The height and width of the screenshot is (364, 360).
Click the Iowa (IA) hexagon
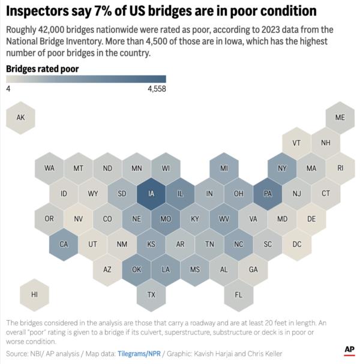click(x=151, y=194)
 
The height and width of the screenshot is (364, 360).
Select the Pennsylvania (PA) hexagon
click(x=268, y=194)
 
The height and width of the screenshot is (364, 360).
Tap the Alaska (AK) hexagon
click(x=20, y=118)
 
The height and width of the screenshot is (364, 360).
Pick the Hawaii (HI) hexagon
click(x=35, y=294)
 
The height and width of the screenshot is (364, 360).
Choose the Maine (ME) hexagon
click(x=340, y=118)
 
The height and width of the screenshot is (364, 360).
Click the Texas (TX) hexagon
click(x=151, y=294)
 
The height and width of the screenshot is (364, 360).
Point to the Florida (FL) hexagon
click(x=239, y=294)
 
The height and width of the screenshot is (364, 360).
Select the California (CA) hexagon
click(x=64, y=244)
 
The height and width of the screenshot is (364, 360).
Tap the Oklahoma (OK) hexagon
click(x=137, y=269)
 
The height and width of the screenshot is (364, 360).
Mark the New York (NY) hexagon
click(x=283, y=169)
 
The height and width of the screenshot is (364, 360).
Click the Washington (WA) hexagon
click(x=49, y=169)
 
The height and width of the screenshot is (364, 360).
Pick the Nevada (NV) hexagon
click(x=79, y=219)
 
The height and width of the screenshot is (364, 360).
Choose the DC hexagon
click(x=297, y=244)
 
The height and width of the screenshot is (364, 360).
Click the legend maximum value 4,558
click(x=156, y=89)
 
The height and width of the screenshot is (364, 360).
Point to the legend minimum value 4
click(x=8, y=89)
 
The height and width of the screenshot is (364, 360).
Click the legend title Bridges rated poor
click(x=42, y=69)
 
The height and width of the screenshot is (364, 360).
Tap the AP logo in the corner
click(x=349, y=350)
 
